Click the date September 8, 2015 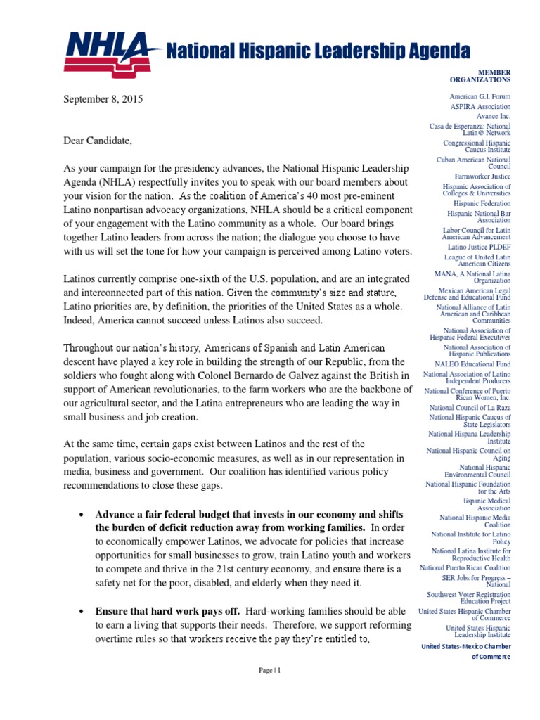[x=103, y=100]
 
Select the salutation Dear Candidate [x=97, y=141]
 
